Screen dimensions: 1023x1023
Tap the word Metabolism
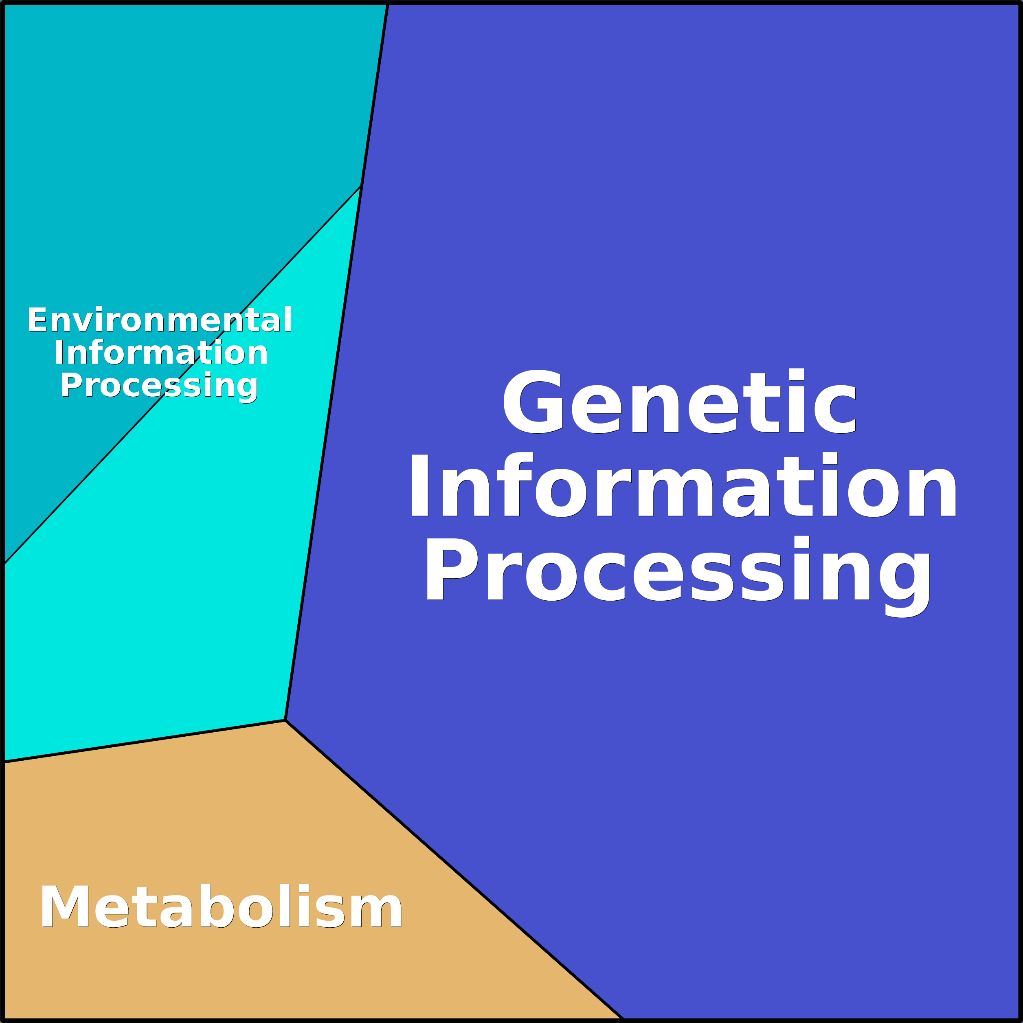[x=221, y=907]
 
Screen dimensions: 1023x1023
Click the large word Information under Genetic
[x=683, y=485]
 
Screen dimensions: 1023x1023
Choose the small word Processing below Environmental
[x=159, y=386]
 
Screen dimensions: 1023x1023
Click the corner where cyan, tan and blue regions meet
[x=285, y=720]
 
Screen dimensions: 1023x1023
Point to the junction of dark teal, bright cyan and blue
[x=360, y=186]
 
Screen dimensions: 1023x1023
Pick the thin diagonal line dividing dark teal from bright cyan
[x=182, y=375]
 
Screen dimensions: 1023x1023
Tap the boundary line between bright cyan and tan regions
[x=145, y=741]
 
